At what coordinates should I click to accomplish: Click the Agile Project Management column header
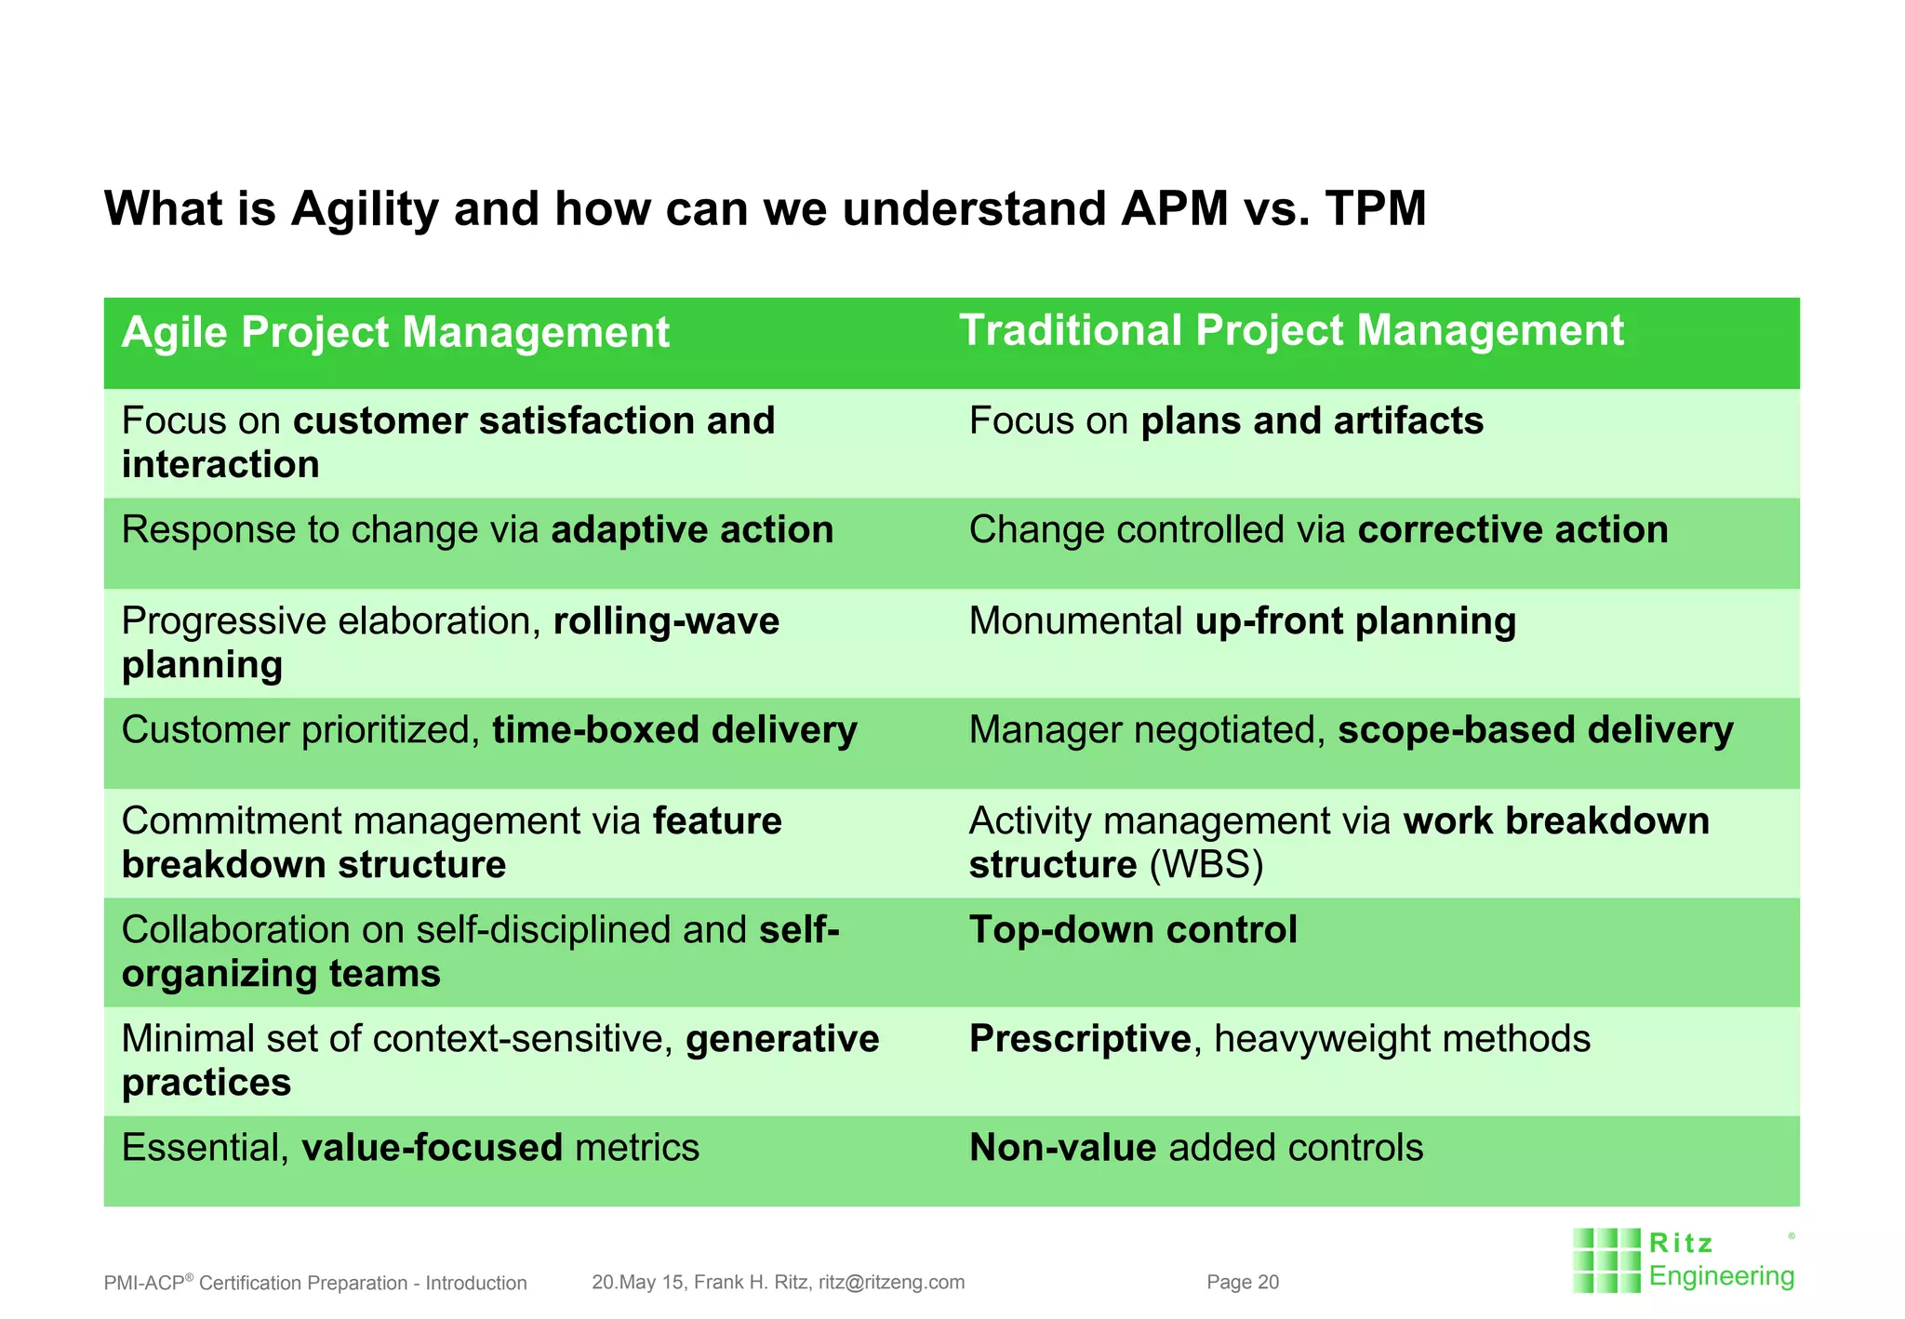(395, 332)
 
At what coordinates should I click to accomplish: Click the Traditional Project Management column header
(1291, 330)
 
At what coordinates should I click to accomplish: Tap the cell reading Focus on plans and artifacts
(1225, 421)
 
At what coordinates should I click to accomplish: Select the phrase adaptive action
(692, 530)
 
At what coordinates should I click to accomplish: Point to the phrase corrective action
(1512, 530)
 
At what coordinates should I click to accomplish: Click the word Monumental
(1075, 621)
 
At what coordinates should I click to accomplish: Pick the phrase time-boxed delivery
(674, 730)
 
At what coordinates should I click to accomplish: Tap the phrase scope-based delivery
(1535, 730)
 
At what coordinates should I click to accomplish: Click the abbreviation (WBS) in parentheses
(1206, 865)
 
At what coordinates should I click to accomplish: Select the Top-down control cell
(1132, 930)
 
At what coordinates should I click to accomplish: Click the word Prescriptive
(1079, 1039)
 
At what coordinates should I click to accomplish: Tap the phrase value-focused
(433, 1148)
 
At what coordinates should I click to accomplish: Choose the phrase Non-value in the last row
(1062, 1148)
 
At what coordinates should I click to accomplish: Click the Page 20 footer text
(1243, 1283)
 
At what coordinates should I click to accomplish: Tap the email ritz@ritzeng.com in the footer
(891, 1283)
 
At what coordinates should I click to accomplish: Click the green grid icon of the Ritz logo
(1605, 1260)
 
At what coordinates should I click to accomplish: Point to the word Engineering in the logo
(1721, 1276)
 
